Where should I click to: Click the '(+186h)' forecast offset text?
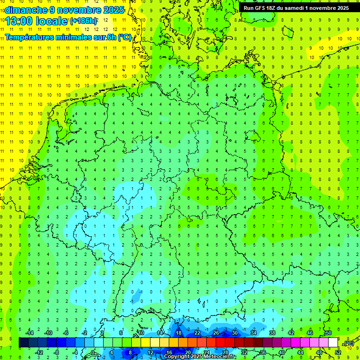83,21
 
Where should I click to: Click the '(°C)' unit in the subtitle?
125,37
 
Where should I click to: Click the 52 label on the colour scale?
337,352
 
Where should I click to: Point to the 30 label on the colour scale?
234,333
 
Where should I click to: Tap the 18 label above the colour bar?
178,333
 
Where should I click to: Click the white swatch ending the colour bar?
333,343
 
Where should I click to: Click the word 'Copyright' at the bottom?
177,357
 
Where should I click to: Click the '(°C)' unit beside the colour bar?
349,343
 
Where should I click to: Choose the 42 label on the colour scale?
291,333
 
